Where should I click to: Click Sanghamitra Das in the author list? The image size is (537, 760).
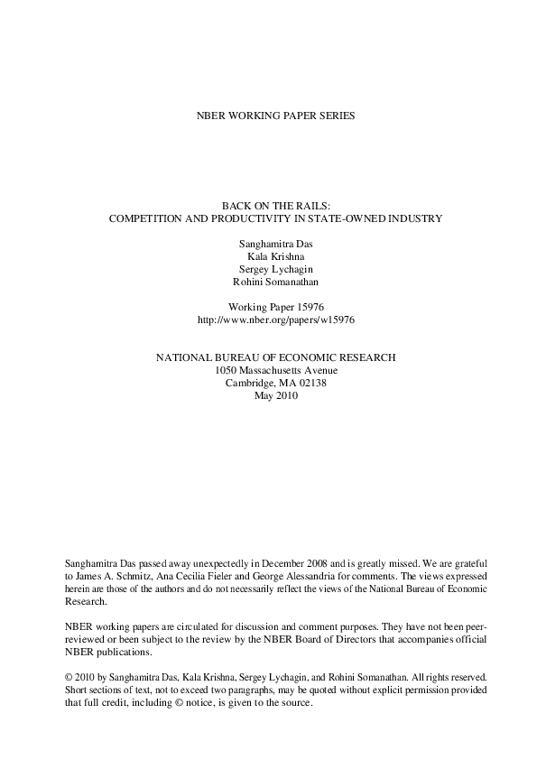[x=269, y=244]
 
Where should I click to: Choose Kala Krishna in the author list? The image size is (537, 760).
[x=269, y=256]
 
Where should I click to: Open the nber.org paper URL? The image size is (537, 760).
[x=269, y=320]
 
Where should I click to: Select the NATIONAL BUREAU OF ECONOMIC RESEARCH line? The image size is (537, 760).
[x=269, y=357]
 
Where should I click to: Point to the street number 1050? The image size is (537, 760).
[x=226, y=370]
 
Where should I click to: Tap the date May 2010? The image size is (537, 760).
[x=269, y=395]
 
